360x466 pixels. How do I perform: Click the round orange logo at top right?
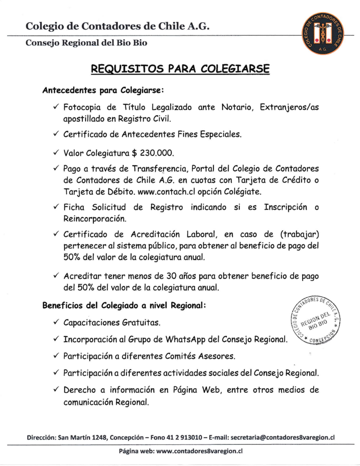tap(323, 34)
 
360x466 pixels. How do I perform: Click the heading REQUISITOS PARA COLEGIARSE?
tap(180, 69)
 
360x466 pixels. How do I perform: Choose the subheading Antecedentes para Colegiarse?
tap(103, 90)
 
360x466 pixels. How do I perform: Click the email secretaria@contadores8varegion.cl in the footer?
tap(283, 437)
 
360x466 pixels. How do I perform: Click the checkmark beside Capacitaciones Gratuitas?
tap(56, 323)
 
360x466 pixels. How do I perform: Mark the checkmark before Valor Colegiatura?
tap(56, 152)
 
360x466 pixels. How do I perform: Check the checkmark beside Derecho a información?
tap(56, 390)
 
